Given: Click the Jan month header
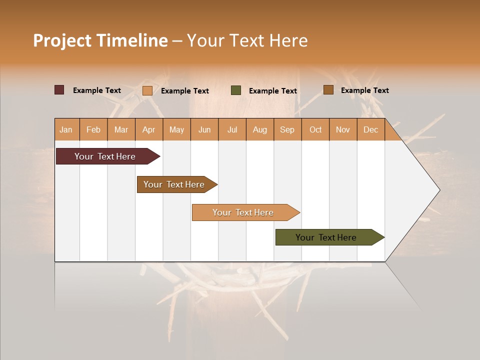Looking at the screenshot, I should coord(66,129).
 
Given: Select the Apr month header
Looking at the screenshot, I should coord(148,129).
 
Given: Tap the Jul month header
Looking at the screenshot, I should coord(232,129).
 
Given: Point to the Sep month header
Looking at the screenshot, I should coord(287,129).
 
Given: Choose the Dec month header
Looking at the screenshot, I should coord(370,129).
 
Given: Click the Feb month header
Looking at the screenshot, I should coord(93,129).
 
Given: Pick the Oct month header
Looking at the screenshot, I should coord(315,129).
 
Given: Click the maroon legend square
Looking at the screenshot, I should coord(59,90).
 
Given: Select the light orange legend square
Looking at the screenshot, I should coord(147,90).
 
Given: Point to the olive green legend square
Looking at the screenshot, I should coord(236,90).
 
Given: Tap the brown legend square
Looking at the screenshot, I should coord(328,90).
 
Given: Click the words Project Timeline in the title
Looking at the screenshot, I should coord(100,40).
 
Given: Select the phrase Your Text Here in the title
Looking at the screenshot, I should coord(247,40).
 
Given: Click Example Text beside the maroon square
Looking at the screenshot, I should coord(97,90).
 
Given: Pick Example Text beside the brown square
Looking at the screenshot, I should coord(365,90).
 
